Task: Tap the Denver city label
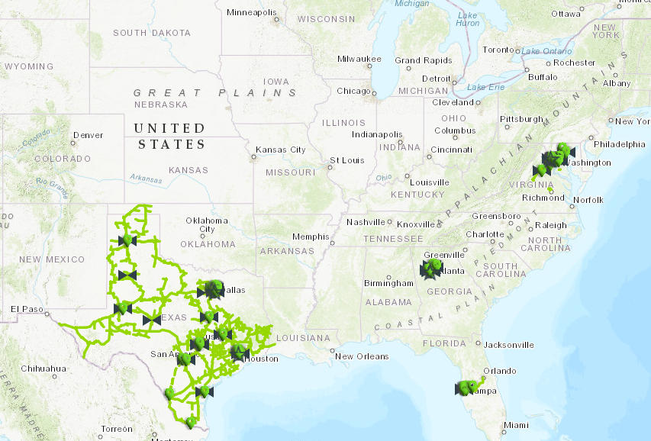pos(87,136)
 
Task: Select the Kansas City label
pos(280,150)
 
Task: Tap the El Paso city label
pos(25,309)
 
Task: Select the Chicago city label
pos(353,91)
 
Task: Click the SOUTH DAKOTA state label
pos(151,33)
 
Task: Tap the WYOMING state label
pos(29,66)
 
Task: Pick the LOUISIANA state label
pos(305,337)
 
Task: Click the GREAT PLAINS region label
pos(215,92)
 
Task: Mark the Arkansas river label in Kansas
pos(145,179)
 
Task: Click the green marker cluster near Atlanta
pos(432,269)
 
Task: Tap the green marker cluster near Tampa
pos(468,388)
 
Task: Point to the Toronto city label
pos(499,50)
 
